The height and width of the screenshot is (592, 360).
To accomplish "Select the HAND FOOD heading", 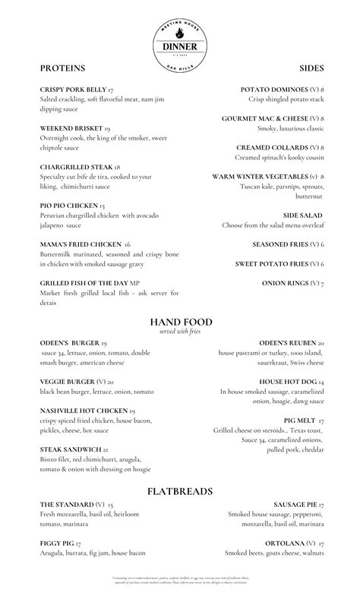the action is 181,322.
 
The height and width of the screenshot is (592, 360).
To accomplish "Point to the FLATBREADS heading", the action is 181,491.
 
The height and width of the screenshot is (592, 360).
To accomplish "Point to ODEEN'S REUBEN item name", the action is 287,342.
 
